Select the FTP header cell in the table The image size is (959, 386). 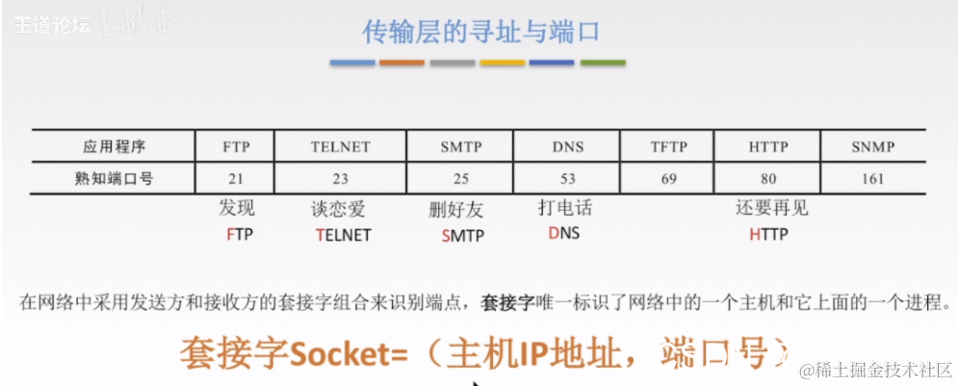(236, 147)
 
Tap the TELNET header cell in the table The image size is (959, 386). (340, 147)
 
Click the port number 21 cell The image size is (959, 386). (236, 178)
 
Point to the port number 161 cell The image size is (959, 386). (873, 178)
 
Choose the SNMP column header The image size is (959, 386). (873, 147)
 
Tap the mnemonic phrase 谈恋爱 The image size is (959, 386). (339, 209)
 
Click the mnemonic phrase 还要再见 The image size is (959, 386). (771, 209)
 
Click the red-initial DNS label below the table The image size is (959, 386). (564, 234)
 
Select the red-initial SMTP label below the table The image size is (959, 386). (462, 235)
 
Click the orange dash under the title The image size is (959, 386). (402, 64)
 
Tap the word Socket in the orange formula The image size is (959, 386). (336, 354)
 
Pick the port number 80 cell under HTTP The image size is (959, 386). (768, 178)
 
